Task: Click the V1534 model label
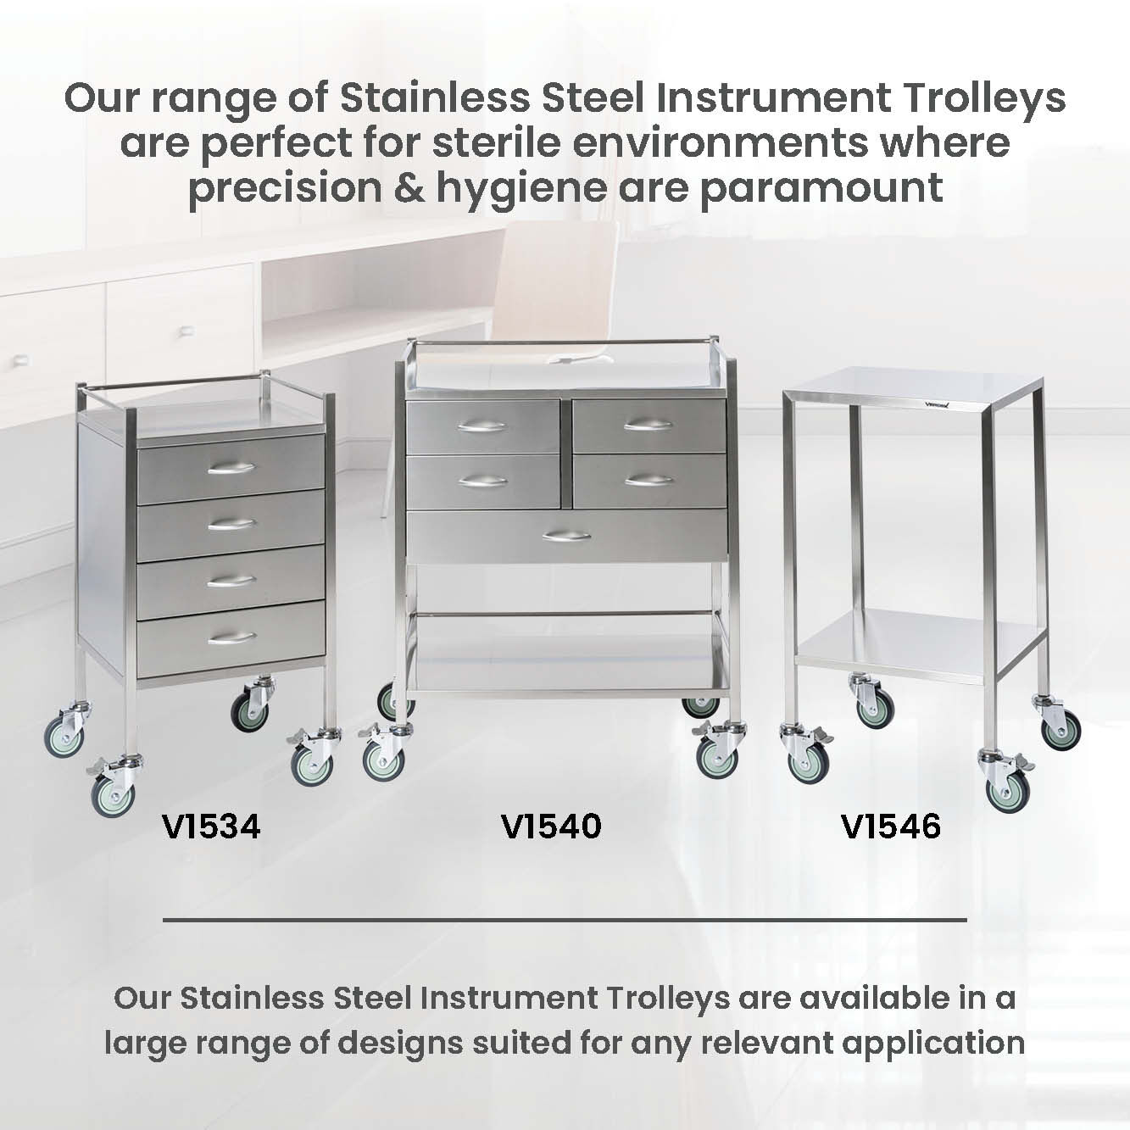[210, 827]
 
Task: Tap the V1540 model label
[551, 827]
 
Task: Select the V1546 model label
[891, 827]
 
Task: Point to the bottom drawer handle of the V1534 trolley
[231, 638]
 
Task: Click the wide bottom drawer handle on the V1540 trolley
[566, 536]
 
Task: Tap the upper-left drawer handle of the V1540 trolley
[482, 427]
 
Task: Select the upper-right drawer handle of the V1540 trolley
[648, 425]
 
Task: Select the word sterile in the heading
[498, 142]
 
